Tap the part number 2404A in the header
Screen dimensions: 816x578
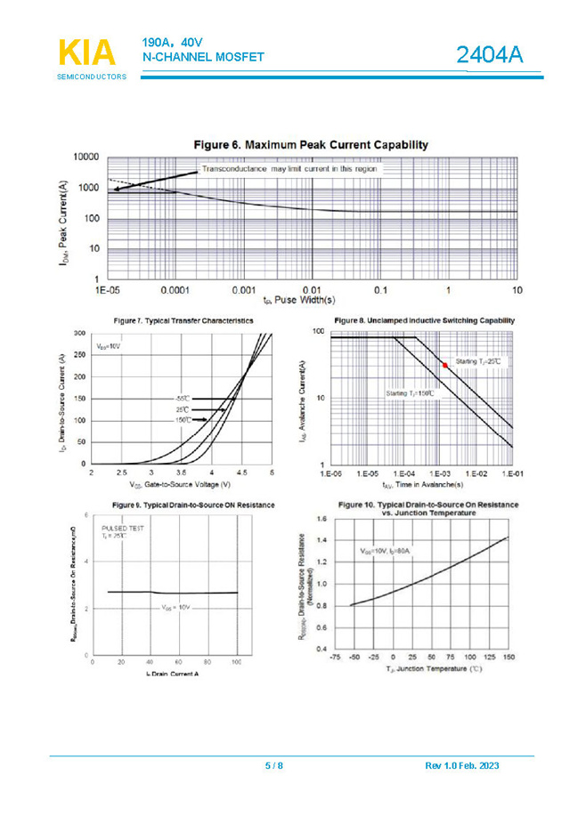click(x=488, y=56)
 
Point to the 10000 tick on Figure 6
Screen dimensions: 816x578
click(x=85, y=157)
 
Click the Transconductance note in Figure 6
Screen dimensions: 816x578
click(x=289, y=167)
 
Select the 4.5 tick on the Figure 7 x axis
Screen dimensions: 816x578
click(x=241, y=473)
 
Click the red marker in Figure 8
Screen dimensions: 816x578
click(x=445, y=365)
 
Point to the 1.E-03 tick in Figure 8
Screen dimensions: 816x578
click(x=439, y=474)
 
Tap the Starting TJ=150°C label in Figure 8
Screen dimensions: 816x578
click(x=411, y=392)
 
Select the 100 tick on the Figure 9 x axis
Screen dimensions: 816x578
click(x=237, y=662)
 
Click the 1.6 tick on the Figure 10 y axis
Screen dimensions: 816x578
click(x=322, y=518)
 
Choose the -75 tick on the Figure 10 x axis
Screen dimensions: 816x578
click(x=335, y=658)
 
